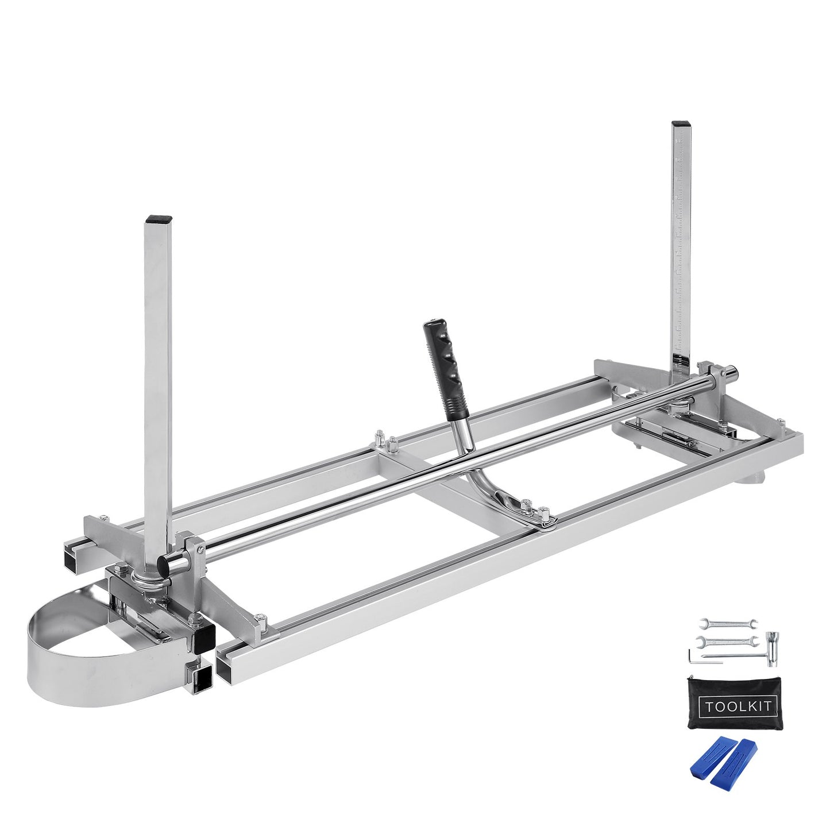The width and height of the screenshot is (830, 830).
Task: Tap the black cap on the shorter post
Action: (159, 219)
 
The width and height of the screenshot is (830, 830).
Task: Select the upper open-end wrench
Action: (728, 623)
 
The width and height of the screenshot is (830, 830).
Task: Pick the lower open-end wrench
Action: (725, 640)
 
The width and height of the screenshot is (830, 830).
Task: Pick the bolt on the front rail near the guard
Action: (262, 620)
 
